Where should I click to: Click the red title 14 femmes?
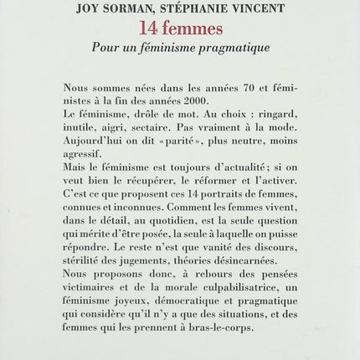(x=179, y=29)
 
